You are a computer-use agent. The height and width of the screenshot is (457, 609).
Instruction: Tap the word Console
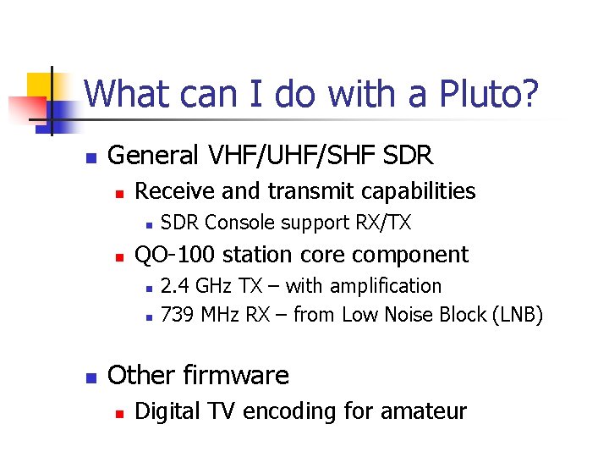click(x=240, y=223)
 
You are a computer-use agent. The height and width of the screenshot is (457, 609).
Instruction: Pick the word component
click(x=412, y=254)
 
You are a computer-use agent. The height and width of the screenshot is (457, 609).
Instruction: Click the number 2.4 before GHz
click(x=174, y=286)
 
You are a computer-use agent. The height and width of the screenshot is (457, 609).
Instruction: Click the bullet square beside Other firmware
click(x=91, y=376)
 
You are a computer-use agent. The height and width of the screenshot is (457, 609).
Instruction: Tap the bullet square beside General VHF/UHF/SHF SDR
click(x=91, y=157)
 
